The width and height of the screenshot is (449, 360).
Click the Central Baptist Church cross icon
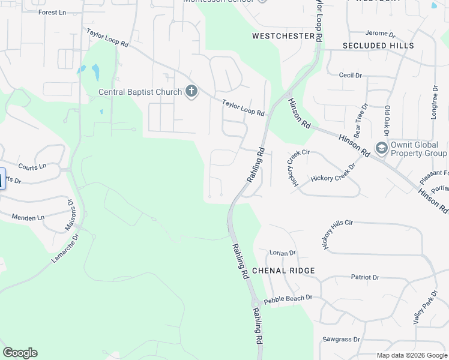(x=191, y=92)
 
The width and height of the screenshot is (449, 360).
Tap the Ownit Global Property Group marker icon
(x=381, y=148)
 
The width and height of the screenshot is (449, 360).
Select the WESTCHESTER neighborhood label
(x=283, y=36)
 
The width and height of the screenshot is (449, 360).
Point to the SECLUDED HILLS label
(x=378, y=46)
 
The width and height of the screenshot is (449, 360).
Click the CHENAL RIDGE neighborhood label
(x=283, y=271)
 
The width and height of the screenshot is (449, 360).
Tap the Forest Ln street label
(x=52, y=12)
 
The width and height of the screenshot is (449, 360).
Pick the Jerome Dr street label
(x=380, y=34)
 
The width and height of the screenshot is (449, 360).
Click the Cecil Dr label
(x=351, y=75)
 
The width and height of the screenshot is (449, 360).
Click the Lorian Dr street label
(x=283, y=253)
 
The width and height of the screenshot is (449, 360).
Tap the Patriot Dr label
(x=365, y=277)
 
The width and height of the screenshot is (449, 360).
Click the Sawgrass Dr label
(x=340, y=339)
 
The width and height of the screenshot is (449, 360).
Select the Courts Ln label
(x=32, y=166)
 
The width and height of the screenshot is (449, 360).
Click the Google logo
(x=20, y=353)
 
